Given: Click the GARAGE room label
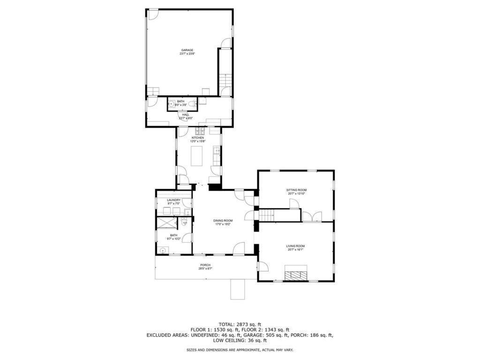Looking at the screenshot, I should tap(187, 50).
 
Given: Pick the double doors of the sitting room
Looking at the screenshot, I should tap(312, 216).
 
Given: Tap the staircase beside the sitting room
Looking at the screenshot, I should tap(267, 215).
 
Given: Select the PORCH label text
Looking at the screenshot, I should tap(205, 265).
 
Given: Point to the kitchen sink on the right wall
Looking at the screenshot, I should tap(217, 151).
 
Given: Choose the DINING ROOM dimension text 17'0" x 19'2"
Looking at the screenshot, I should tap(223, 224).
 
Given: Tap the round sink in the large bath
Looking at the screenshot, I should tap(163, 250).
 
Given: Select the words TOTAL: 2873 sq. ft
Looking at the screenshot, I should tap(240, 324).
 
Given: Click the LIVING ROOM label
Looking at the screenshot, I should tap(295, 246).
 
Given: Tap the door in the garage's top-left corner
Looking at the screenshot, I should tap(153, 14).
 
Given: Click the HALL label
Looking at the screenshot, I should tap(186, 114).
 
